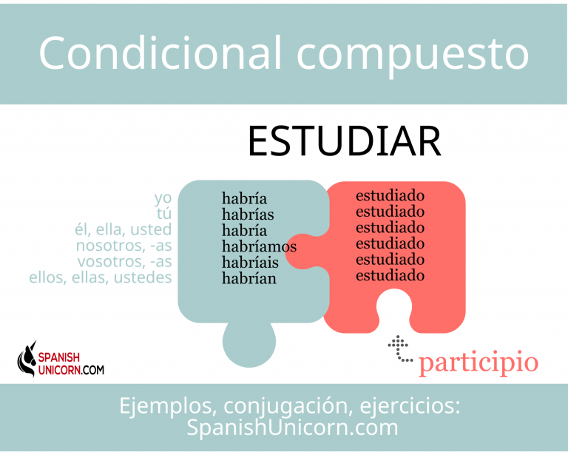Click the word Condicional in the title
click(160, 53)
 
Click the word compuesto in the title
click(413, 56)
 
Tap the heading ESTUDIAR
click(345, 141)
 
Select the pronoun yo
click(163, 198)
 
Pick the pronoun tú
click(164, 213)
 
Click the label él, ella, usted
click(124, 229)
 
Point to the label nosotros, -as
click(124, 246)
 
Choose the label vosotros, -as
click(124, 261)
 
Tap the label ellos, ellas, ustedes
click(101, 277)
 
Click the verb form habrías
click(248, 215)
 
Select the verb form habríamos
click(259, 246)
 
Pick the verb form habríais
click(250, 263)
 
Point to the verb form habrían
click(248, 278)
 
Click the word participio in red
click(479, 362)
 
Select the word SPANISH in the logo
click(58, 357)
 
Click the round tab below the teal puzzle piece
click(248, 343)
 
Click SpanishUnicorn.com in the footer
click(292, 428)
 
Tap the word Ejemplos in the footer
click(166, 406)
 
